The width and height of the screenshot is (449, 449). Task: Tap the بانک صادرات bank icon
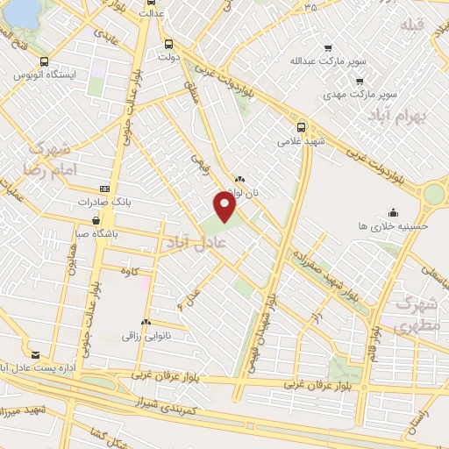tap(105, 189)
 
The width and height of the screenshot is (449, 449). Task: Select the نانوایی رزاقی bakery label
tap(143, 335)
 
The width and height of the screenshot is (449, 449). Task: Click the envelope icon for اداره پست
tap(35, 354)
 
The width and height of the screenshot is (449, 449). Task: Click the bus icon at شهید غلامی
tap(301, 126)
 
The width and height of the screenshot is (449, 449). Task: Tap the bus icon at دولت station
tap(168, 43)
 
